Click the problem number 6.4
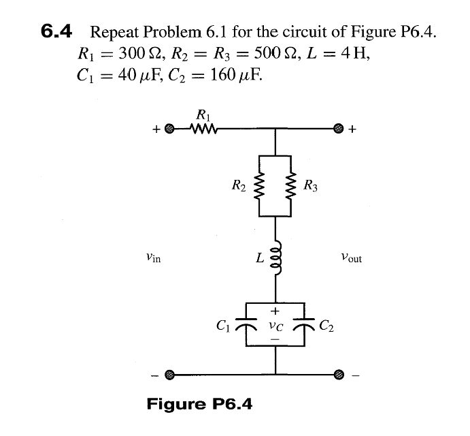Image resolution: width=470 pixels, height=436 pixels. click(59, 31)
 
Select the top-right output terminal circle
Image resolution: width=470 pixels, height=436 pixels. click(338, 127)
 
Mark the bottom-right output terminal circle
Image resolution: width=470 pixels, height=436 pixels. click(338, 374)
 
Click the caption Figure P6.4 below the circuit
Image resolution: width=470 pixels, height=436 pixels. click(199, 404)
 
